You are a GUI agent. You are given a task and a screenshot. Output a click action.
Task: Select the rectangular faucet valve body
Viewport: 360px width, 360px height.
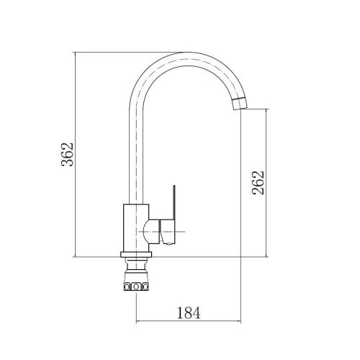135,230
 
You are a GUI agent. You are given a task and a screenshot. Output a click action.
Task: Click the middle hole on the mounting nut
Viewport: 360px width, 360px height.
135,287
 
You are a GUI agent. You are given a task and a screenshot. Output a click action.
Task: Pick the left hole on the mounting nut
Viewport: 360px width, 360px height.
127,287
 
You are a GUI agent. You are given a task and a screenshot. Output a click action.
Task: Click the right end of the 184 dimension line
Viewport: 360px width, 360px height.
240,321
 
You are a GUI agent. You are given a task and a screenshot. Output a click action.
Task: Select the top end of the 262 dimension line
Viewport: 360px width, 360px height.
269,109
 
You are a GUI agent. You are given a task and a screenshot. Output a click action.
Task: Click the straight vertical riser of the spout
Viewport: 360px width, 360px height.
135,151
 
